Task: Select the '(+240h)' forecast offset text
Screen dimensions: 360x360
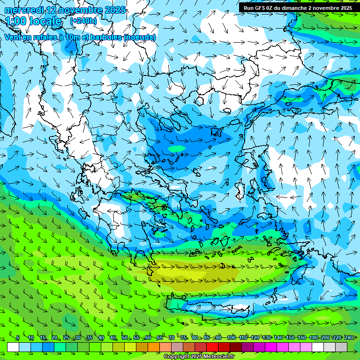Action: pyautogui.click(x=83, y=21)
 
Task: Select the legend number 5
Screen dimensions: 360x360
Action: pyautogui.click(x=18, y=337)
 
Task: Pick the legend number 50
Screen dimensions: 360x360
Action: pyautogui.click(x=124, y=337)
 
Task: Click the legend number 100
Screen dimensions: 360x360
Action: pyautogui.click(x=231, y=337)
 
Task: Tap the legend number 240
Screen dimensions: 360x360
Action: pyautogui.click(x=348, y=337)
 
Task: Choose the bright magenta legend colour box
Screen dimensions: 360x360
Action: pyautogui.click(x=271, y=347)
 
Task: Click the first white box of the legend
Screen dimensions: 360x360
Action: pyautogui.click(x=13, y=347)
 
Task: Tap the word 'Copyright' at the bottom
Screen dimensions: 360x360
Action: pyautogui.click(x=177, y=357)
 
